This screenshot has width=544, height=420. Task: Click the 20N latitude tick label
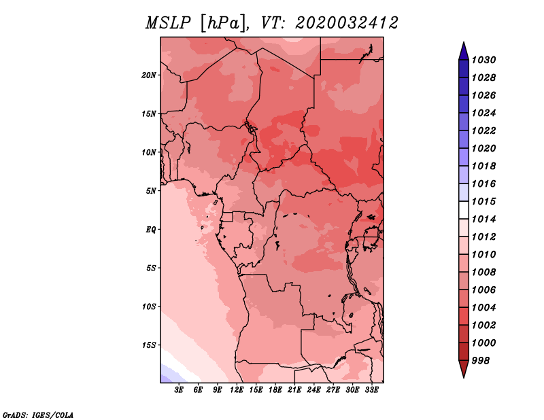coord(148,75)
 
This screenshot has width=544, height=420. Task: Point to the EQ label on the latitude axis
coord(150,230)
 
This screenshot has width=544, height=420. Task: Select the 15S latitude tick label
coord(148,345)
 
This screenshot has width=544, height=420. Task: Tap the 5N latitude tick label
coord(150,191)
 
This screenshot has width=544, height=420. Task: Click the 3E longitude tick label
coord(179,390)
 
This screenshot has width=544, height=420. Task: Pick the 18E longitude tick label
coord(275,390)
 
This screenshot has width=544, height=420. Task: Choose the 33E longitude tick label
coord(371,390)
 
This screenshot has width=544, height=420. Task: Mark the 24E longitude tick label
coord(313,390)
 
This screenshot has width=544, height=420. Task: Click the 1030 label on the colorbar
coord(483,60)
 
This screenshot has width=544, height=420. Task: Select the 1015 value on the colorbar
coord(483,201)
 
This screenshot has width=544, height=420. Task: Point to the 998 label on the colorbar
coord(481,361)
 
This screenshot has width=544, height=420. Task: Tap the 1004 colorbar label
coord(483,308)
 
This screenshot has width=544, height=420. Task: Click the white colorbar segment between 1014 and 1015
coord(464,210)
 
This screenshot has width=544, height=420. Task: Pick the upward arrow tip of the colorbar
coord(464,42)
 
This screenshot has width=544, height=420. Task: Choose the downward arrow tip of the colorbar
coord(464,378)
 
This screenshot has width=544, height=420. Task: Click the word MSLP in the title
coord(168,23)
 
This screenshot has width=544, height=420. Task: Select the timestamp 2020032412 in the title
coord(347,23)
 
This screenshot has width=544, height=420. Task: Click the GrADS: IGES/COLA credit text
coord(38,415)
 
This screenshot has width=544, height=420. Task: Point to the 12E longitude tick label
coord(237,390)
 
